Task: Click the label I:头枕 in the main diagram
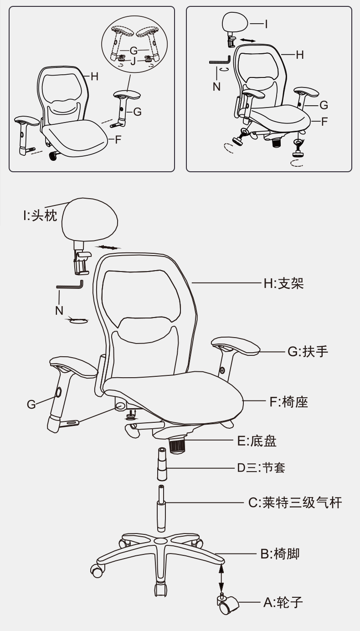coord(40,216)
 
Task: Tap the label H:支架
coord(283,283)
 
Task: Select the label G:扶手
coord(308,352)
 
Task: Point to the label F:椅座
coord(289,402)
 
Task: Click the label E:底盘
coord(257,441)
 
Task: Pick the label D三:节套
coord(261,467)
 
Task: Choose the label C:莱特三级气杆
coord(295,503)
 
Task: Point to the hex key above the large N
coord(70,285)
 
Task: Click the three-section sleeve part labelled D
coord(162,464)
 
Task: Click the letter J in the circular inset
coord(133,61)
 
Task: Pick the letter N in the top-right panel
coord(216,87)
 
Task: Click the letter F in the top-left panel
coord(118,139)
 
